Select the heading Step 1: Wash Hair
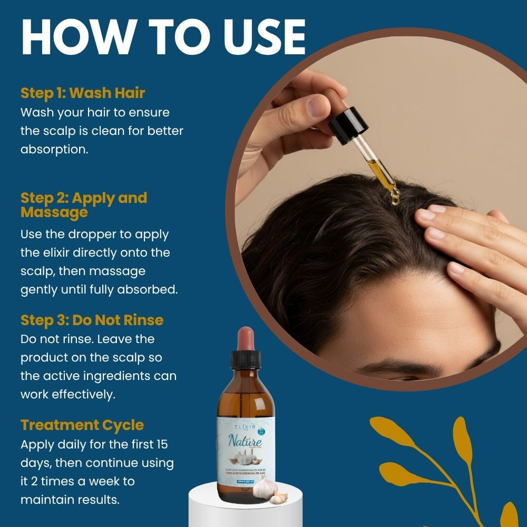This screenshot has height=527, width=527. tap(83, 93)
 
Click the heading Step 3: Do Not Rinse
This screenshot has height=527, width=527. tap(92, 320)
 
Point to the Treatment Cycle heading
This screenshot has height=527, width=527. tap(82, 425)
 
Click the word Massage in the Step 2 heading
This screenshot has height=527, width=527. tap(54, 212)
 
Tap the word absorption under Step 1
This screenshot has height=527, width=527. tap(54, 149)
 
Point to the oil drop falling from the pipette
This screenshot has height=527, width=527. tap(395, 199)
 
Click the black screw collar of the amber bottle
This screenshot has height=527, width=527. tap(246, 361)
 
